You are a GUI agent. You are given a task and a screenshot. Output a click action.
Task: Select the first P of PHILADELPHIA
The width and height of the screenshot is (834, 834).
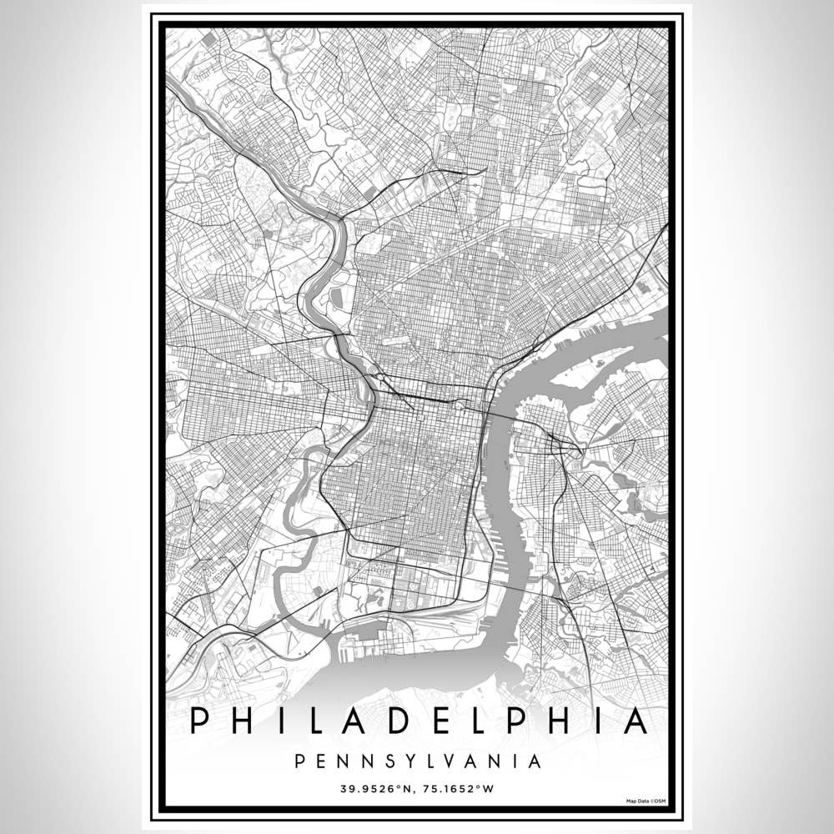tap(198, 721)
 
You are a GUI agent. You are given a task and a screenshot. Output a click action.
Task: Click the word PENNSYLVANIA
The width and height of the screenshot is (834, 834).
tap(417, 761)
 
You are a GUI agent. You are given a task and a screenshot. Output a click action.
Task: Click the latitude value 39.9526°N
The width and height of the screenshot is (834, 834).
tap(374, 786)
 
